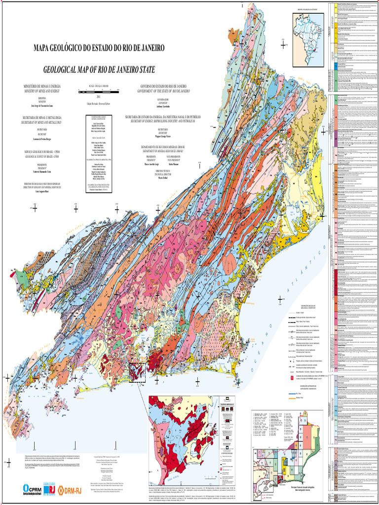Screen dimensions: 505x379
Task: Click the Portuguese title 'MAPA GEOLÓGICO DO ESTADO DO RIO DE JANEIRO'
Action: (99, 48)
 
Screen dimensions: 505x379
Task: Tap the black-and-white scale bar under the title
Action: (99, 92)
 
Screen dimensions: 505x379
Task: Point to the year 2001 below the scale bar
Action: (99, 97)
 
